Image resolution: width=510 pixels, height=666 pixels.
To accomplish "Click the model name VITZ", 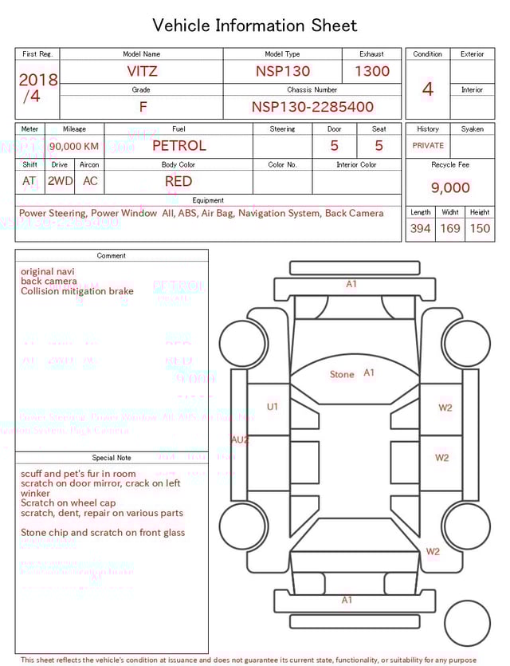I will click(143, 71).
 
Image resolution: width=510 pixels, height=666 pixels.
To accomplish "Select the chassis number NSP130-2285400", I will click(312, 107).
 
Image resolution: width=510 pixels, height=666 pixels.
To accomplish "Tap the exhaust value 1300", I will click(372, 71).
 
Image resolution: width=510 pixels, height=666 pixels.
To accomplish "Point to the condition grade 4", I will click(427, 89).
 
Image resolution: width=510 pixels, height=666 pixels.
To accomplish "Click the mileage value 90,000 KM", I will click(74, 146).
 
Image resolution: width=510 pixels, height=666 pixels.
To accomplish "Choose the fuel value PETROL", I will click(178, 145).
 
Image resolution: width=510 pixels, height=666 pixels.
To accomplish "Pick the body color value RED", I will click(178, 181).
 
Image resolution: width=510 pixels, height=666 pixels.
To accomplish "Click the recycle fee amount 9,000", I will click(450, 187).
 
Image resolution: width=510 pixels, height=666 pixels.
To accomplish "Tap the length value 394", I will click(420, 229).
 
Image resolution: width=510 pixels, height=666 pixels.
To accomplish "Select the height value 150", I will click(480, 229).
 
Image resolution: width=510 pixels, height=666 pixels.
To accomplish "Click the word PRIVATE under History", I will click(428, 145).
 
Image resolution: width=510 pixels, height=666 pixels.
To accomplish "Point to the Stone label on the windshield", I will click(342, 374).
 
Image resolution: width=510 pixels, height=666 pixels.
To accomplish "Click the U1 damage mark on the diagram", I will click(273, 407).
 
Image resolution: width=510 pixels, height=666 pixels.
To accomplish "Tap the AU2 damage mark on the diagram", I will click(240, 439).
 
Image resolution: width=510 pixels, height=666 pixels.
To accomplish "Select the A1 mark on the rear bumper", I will click(347, 600).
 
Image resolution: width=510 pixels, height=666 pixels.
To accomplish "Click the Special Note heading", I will click(112, 458).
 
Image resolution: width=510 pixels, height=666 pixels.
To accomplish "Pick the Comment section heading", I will click(112, 256).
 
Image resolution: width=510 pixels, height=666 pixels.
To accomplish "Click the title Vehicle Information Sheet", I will click(255, 26).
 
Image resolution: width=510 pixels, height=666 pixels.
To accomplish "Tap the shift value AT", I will click(29, 181).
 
